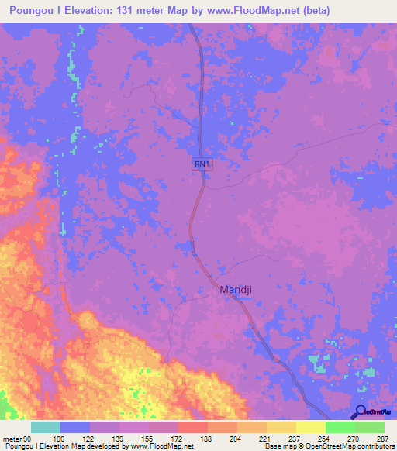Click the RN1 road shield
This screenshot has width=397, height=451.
coord(202,164)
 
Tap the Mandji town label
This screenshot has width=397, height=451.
coord(236,291)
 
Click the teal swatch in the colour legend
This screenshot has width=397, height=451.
coord(46,427)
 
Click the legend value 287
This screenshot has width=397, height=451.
coord(385,439)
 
